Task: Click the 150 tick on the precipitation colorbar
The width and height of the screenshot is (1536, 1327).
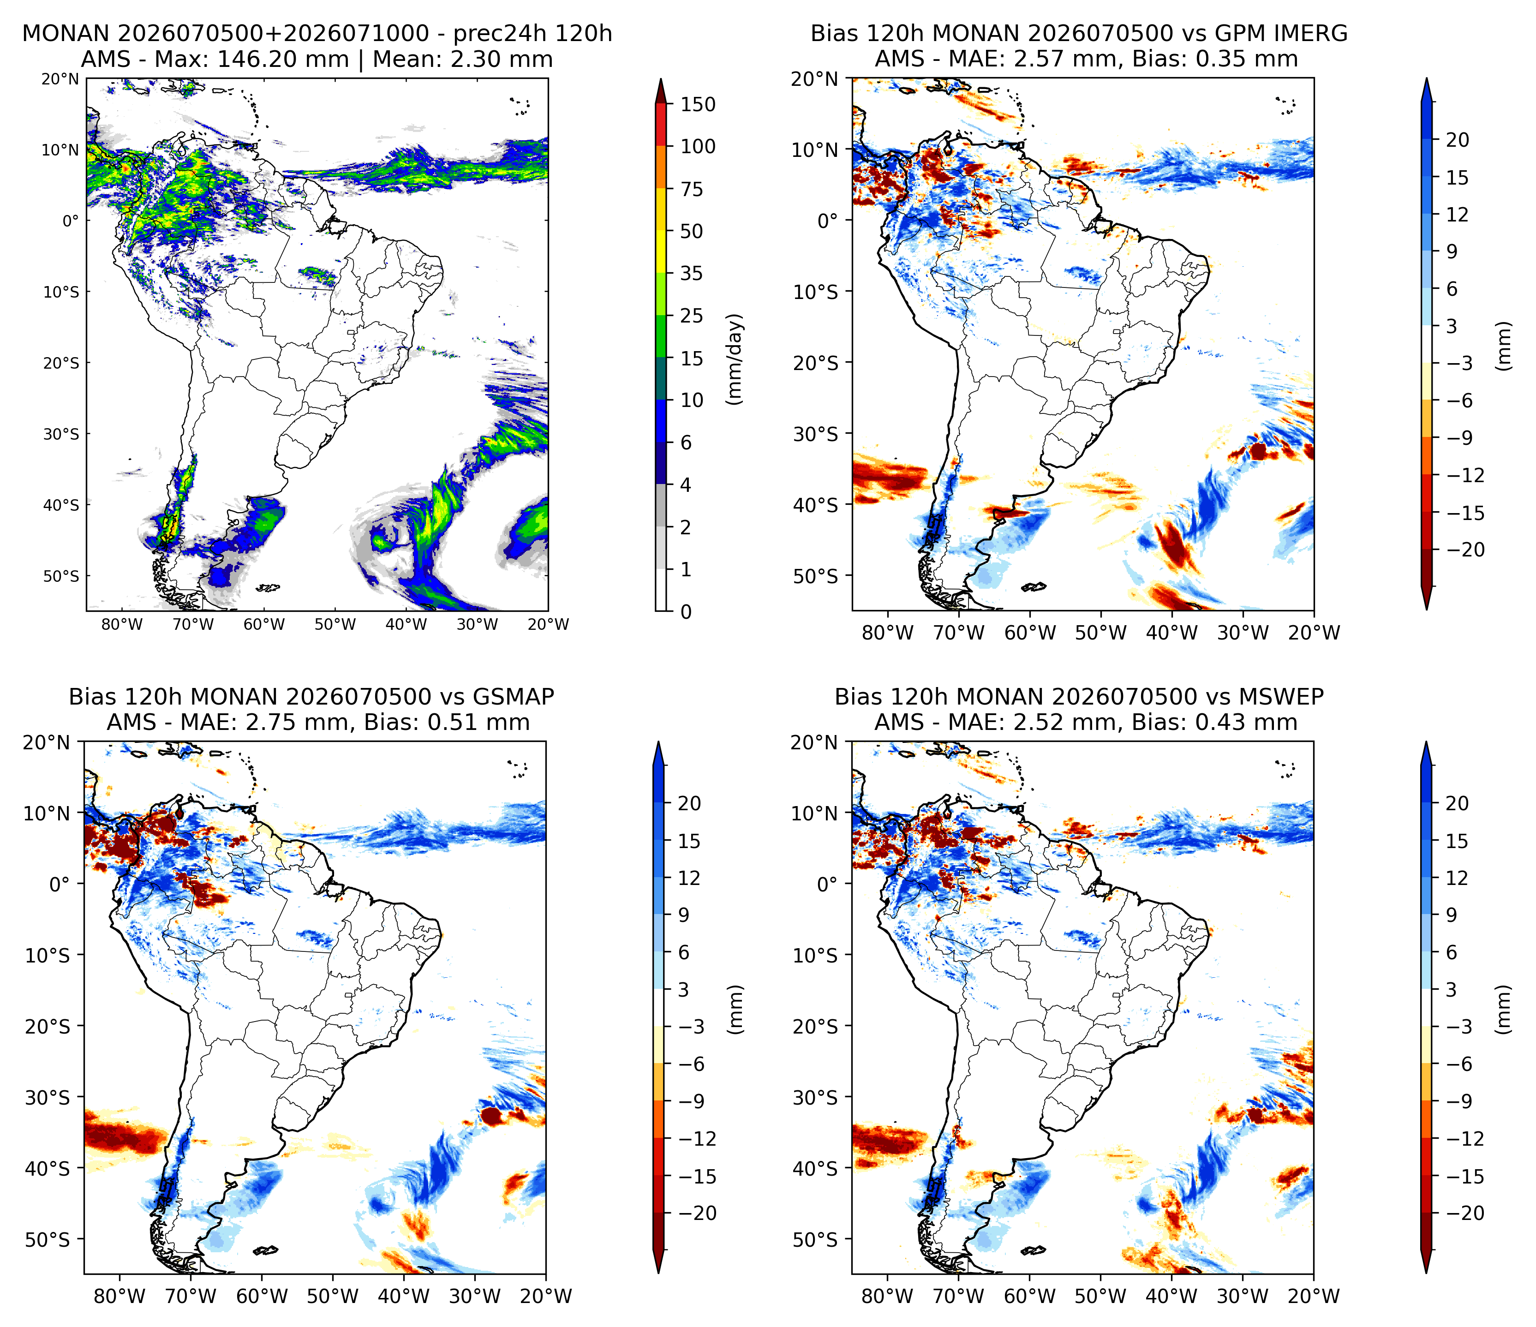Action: point(698,105)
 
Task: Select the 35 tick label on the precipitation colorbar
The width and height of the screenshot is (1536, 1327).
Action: point(692,274)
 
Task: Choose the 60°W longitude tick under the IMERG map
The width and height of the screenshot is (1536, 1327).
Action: point(1030,633)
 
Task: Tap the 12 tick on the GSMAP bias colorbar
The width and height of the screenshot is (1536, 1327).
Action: point(689,879)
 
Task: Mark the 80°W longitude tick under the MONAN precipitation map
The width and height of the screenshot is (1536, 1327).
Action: point(122,624)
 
